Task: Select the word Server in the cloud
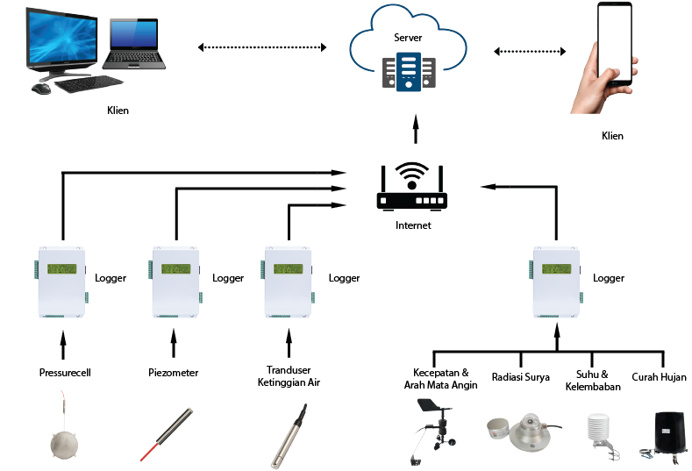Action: (409, 38)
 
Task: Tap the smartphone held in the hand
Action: (615, 43)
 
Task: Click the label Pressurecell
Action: (65, 373)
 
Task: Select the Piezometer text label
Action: (174, 373)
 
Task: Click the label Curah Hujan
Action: (659, 377)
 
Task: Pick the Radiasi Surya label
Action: (520, 377)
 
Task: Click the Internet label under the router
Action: (412, 225)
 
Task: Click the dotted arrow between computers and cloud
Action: (262, 47)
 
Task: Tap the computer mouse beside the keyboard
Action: (41, 88)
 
